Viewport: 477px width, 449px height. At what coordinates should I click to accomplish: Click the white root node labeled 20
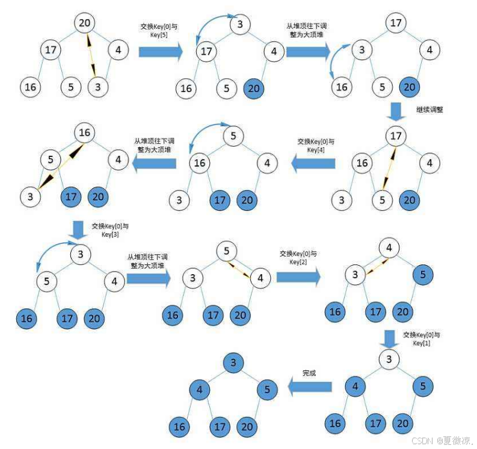[85, 23]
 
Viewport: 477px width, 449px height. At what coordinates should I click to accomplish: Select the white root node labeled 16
[84, 133]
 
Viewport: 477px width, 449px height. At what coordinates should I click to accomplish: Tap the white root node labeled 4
[390, 248]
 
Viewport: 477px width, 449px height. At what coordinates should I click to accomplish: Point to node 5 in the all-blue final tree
[267, 389]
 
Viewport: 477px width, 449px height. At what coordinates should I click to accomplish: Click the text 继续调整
[429, 109]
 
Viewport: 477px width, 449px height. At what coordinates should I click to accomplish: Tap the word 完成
[309, 373]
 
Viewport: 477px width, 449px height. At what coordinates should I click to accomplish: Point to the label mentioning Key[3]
[109, 230]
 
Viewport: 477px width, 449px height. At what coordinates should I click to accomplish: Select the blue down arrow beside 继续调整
[396, 112]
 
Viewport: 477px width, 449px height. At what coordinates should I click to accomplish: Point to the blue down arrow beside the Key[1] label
[390, 338]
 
